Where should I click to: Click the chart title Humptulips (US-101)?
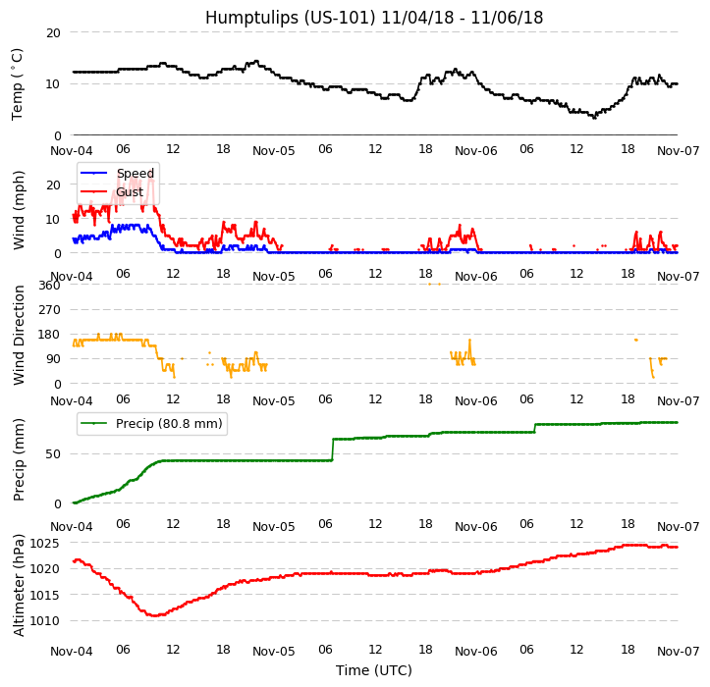pos(373,18)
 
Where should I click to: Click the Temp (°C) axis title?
pos(18,83)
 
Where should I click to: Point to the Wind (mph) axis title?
pos(19,209)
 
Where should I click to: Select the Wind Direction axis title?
pos(19,335)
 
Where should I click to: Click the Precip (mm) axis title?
pos(19,459)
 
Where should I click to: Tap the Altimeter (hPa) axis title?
pos(19,585)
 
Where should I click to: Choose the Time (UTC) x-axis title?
pos(373,670)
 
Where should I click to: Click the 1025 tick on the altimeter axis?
pos(44,543)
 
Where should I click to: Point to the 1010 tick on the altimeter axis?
pos(44,620)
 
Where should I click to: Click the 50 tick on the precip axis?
pos(53,453)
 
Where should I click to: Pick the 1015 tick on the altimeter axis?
pos(44,595)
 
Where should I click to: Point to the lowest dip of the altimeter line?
pos(155,615)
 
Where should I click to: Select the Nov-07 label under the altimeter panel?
pos(678,651)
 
